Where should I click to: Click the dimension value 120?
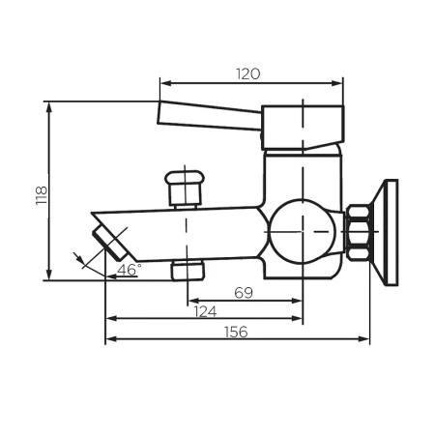(x=250, y=73)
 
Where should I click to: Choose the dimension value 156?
(x=236, y=332)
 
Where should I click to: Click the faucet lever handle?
(x=208, y=116)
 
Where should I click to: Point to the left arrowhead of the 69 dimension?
(x=190, y=300)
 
